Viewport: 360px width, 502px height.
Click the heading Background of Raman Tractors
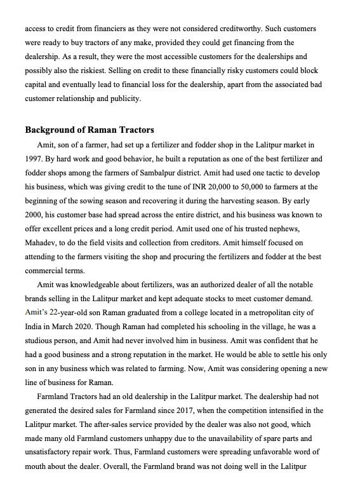pos(89,130)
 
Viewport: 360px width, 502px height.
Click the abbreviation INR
pos(165,186)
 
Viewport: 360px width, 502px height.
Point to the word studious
pos(45,340)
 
